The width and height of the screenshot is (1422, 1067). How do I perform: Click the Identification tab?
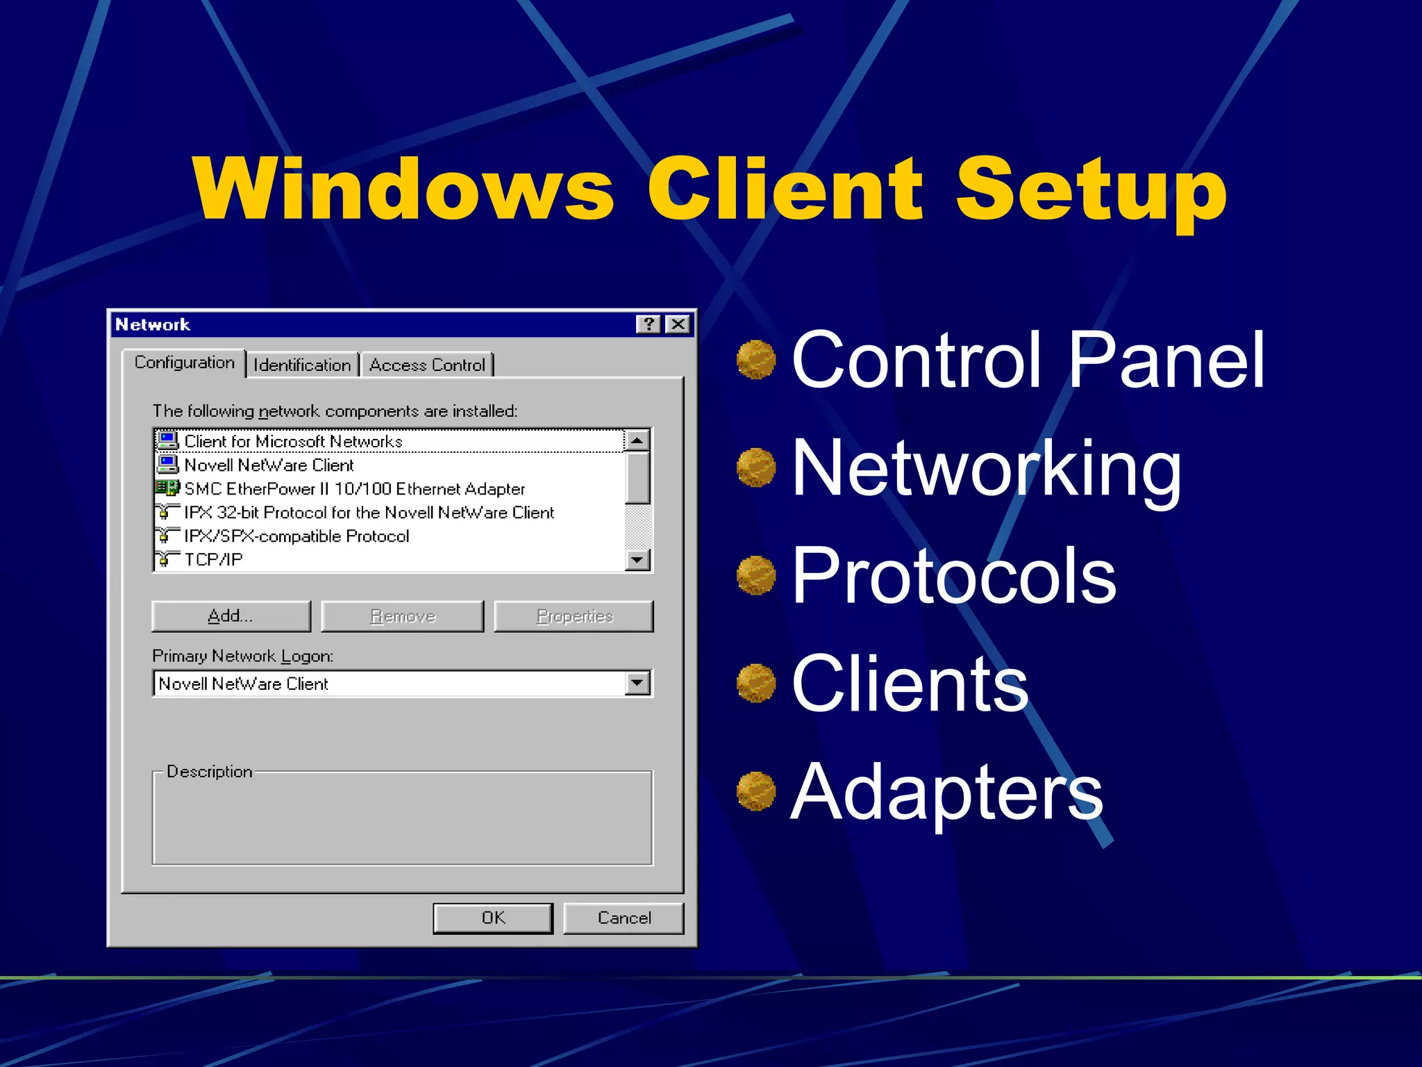[x=302, y=365]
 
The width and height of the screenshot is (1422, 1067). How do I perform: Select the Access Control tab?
[x=427, y=365]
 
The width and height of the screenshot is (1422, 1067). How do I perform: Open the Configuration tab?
[x=184, y=363]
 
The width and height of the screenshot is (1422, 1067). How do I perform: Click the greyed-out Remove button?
[x=403, y=616]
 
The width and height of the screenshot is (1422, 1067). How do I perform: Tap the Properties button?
[x=574, y=616]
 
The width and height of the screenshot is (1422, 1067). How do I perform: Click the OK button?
[x=493, y=918]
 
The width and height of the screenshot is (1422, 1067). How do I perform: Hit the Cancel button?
[x=624, y=918]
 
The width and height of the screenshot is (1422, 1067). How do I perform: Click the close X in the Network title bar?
[x=678, y=324]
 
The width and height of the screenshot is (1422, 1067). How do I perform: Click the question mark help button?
[x=648, y=324]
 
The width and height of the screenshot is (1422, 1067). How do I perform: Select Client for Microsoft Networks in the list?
[x=293, y=441]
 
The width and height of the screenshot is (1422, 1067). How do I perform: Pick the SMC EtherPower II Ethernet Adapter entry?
[x=354, y=489]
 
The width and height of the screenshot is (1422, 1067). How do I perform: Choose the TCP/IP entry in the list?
[x=213, y=560]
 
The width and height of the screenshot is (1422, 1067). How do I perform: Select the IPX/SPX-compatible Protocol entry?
[x=296, y=536]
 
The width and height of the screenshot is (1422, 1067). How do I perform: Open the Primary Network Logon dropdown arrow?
[x=637, y=684]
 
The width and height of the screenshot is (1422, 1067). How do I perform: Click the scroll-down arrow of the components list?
[x=637, y=560]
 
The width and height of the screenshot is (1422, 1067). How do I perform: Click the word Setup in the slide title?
[x=1090, y=189]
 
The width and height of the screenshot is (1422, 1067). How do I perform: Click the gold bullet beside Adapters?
[x=756, y=791]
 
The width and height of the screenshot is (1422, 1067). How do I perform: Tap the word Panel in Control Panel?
[x=1166, y=360]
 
